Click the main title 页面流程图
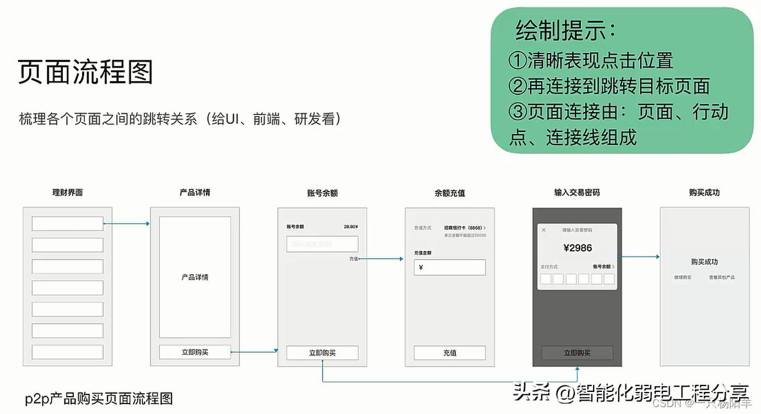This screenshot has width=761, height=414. (85, 73)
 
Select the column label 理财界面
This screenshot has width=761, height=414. (67, 193)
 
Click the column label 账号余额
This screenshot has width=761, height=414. (322, 193)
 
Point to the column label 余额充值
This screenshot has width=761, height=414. (449, 193)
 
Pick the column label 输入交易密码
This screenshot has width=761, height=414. (577, 193)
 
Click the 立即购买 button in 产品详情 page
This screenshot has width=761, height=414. (195, 352)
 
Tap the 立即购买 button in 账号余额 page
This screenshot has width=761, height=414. (322, 352)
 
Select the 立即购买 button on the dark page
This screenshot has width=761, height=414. (577, 352)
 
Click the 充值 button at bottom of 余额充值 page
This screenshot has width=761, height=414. (449, 352)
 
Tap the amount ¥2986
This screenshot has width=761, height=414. (577, 248)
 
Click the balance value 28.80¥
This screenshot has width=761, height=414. (351, 226)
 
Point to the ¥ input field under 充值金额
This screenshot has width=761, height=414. (449, 268)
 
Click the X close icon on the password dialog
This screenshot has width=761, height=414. (544, 230)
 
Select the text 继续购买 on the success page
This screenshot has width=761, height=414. (683, 278)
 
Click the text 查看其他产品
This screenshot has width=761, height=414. (721, 278)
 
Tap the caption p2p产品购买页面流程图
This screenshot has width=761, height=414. (99, 398)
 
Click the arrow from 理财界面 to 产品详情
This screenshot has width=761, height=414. (126, 224)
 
